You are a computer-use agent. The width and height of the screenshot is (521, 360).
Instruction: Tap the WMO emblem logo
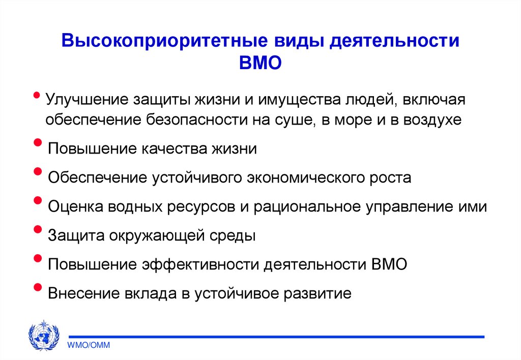point(43,335)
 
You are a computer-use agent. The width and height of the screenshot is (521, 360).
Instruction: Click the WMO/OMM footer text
point(90,345)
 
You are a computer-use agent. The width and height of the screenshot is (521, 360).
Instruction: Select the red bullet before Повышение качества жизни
point(37,144)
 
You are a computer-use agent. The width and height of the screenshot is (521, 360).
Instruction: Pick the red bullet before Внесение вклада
point(37,289)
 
